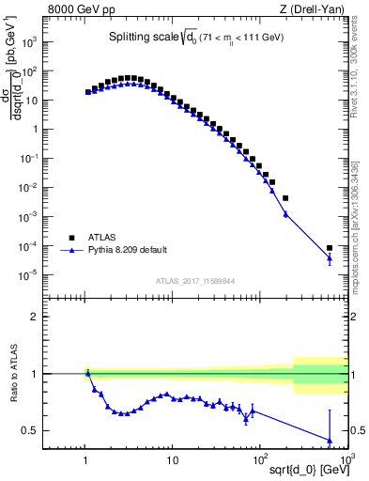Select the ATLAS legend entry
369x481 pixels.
(104, 238)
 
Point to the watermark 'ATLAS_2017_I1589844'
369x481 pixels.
(195, 280)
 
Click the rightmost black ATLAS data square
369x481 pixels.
(330, 248)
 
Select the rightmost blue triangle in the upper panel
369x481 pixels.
(330, 259)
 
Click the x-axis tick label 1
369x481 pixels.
(86, 459)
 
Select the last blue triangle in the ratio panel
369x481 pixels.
(330, 440)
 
